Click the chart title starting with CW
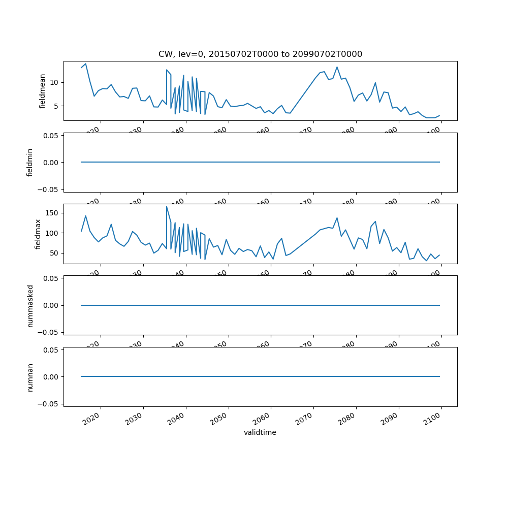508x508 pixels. [x=260, y=54]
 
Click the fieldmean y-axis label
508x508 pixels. [x=43, y=91]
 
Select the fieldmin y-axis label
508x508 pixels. [x=30, y=163]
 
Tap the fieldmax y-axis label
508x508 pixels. [x=38, y=234]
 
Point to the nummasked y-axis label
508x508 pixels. [x=30, y=305]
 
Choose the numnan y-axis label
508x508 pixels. [x=30, y=377]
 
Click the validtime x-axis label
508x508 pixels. [x=260, y=433]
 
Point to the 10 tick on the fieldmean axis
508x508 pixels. [x=54, y=82]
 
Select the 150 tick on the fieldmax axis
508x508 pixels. [x=52, y=212]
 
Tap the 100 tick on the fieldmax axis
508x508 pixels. [x=52, y=233]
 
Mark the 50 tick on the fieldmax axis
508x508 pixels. [x=54, y=253]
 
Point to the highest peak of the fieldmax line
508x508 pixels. [x=167, y=206]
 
